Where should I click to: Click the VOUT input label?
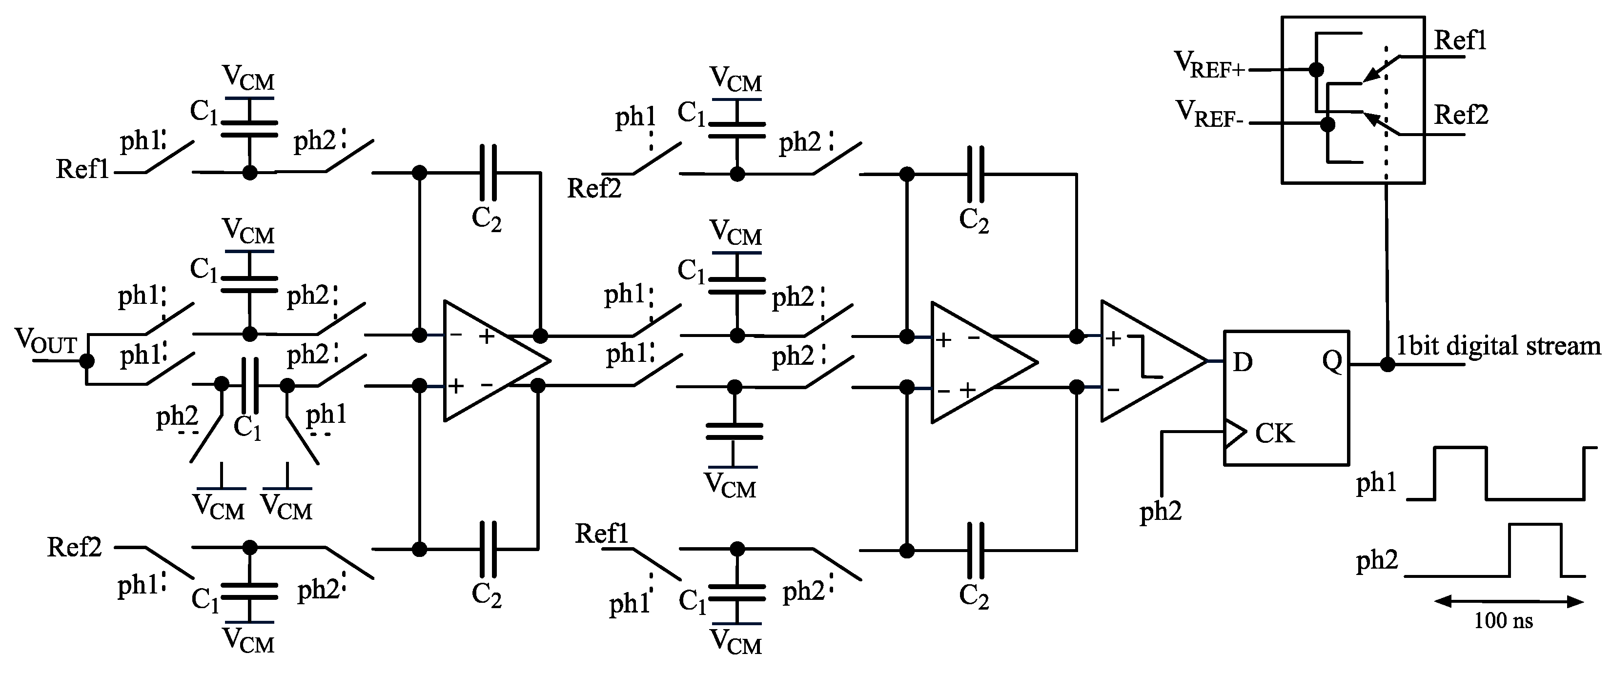click(45, 341)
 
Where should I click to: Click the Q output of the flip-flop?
click(1332, 361)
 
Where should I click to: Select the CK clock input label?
click(1274, 434)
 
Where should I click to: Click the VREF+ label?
click(1209, 65)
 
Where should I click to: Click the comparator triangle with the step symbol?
click(1148, 361)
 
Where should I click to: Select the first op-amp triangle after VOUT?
click(491, 361)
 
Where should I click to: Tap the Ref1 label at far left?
click(82, 169)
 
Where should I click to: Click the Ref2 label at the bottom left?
click(74, 547)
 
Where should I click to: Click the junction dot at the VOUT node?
click(87, 361)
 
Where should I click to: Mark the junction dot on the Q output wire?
click(1388, 364)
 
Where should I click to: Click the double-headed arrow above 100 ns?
click(1508, 602)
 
